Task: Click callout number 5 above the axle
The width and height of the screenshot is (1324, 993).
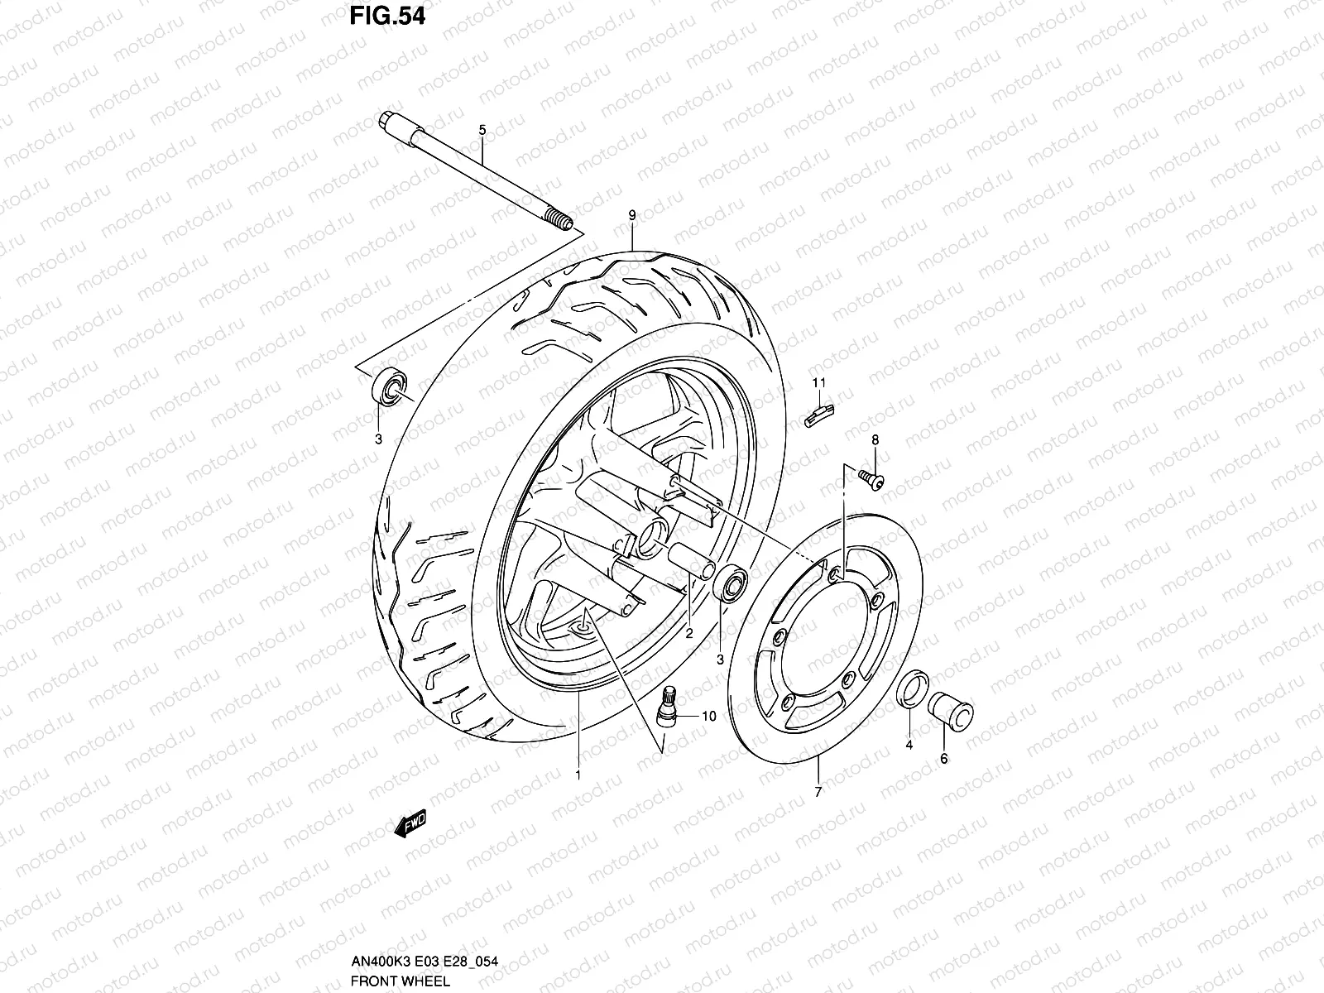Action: pos(482,130)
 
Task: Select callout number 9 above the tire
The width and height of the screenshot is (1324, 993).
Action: pos(632,216)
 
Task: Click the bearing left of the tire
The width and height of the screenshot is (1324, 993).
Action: pos(390,387)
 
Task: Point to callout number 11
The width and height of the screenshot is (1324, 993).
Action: pos(819,382)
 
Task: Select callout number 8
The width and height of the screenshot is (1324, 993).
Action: pos(875,439)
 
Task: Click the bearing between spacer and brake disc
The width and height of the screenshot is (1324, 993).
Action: pos(730,585)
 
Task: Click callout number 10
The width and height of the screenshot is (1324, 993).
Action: pos(709,717)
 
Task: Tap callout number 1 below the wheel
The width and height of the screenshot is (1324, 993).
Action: pos(578,775)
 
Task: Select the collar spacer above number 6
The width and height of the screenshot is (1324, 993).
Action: pos(951,709)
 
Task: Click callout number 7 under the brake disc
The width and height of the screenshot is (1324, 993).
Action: pos(818,792)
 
